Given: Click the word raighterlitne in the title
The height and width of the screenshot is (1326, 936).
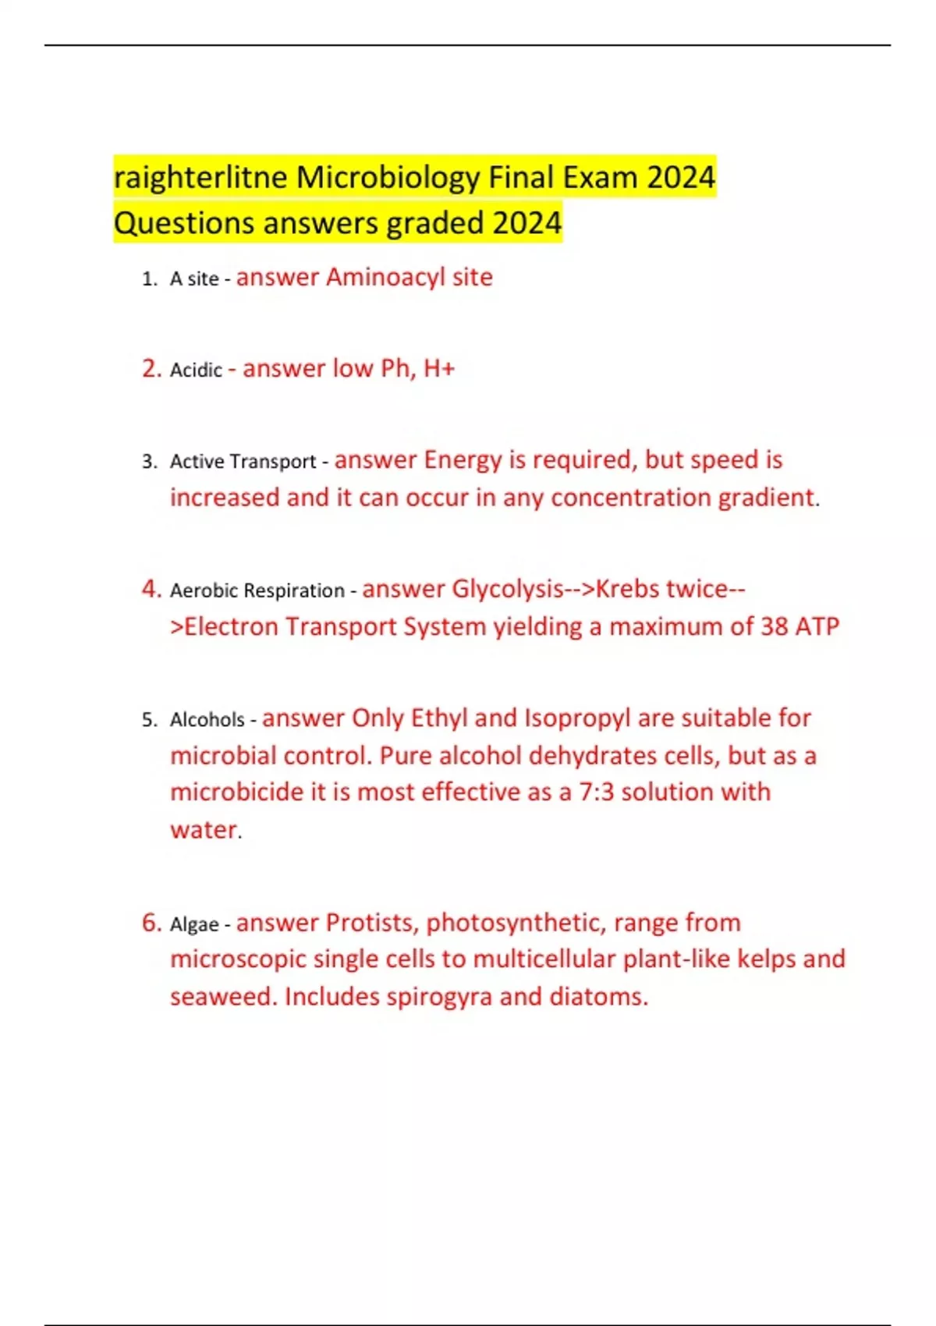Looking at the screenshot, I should (x=200, y=178).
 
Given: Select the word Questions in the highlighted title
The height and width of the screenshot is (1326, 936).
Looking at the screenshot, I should (x=184, y=223).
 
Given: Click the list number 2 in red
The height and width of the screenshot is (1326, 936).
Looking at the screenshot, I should (x=151, y=368).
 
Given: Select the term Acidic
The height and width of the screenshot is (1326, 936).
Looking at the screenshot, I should (x=196, y=370).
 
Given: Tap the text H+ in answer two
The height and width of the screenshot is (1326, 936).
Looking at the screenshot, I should (x=438, y=368).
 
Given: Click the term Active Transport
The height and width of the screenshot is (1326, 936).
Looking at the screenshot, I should (x=243, y=462).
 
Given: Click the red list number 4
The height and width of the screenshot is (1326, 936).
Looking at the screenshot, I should (x=151, y=589).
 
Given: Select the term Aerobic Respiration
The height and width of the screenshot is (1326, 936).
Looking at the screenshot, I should (x=257, y=591).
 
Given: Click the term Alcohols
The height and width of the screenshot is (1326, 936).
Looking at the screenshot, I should (x=207, y=720).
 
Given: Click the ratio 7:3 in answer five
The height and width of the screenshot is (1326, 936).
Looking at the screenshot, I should (x=596, y=792).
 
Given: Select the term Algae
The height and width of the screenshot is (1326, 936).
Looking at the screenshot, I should (x=194, y=925).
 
